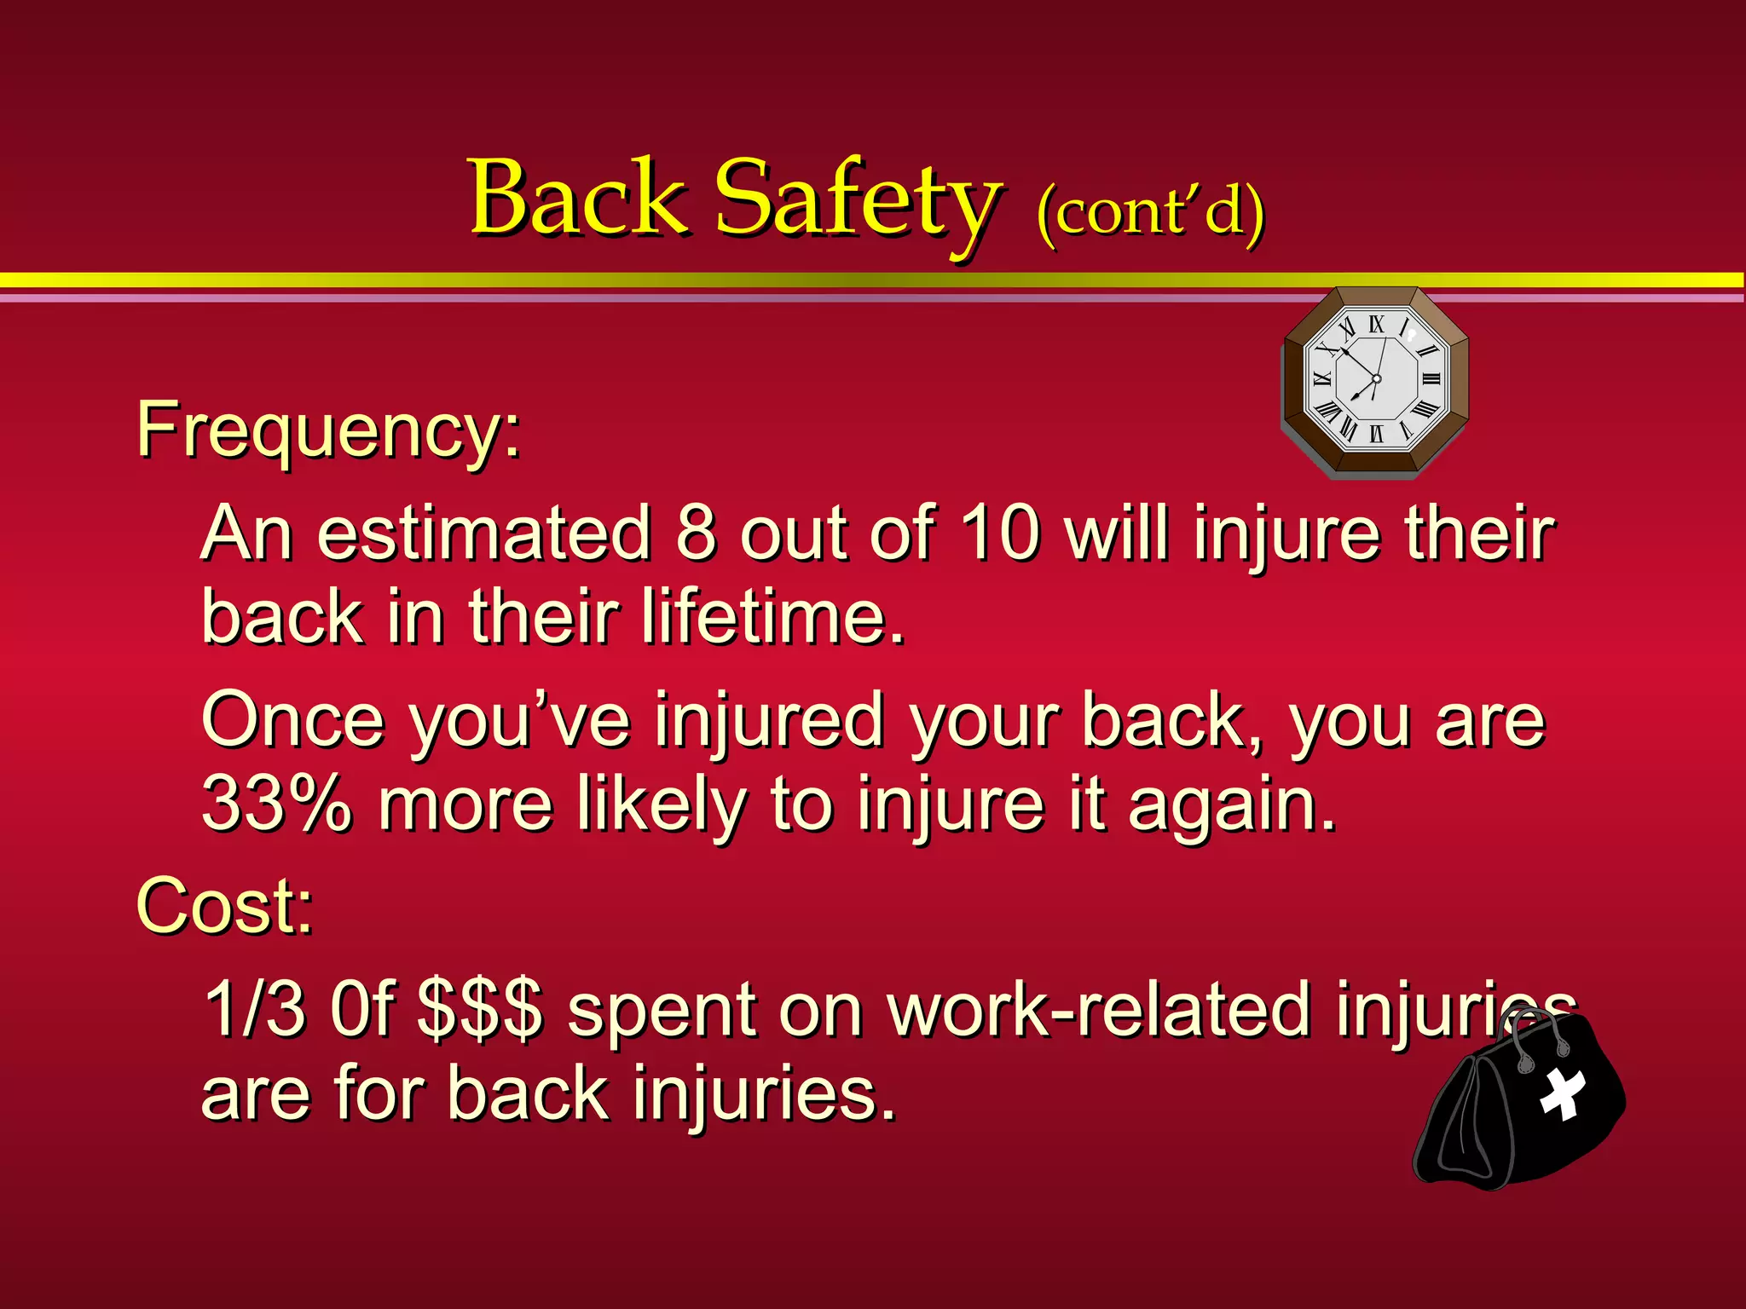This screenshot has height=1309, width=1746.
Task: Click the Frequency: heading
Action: [x=328, y=431]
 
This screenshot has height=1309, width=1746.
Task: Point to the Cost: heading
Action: [x=225, y=907]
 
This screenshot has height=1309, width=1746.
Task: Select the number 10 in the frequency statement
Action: [x=1000, y=533]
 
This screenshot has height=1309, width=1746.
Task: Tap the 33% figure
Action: [x=276, y=803]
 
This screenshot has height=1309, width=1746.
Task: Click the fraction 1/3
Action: [x=255, y=1009]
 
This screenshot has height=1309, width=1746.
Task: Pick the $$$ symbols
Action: [x=480, y=1011]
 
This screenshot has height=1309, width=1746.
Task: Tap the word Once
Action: [x=293, y=721]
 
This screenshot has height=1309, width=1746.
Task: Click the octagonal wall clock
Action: [x=1375, y=381]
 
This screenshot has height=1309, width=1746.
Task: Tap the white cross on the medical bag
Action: [x=1563, y=1093]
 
